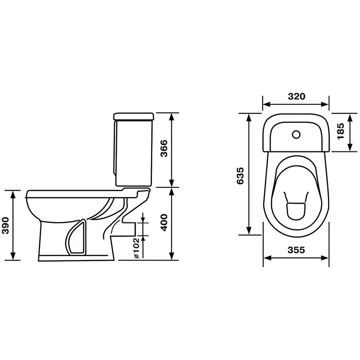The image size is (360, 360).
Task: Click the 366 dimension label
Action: pyautogui.click(x=164, y=148)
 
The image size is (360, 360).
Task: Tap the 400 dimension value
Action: pyautogui.click(x=164, y=222)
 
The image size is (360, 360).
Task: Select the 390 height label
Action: pyautogui.click(x=5, y=225)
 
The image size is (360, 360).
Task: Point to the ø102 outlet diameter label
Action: pyautogui.click(x=136, y=248)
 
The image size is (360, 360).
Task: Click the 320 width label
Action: pyautogui.click(x=297, y=96)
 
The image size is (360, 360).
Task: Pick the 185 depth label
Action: pyautogui.click(x=341, y=131)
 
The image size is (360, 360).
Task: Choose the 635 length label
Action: pyautogui.click(x=240, y=176)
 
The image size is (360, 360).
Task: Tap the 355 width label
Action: pyautogui.click(x=296, y=250)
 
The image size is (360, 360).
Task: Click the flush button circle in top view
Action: pyautogui.click(x=296, y=135)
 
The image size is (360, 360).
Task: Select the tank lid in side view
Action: pyautogui.click(x=134, y=116)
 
